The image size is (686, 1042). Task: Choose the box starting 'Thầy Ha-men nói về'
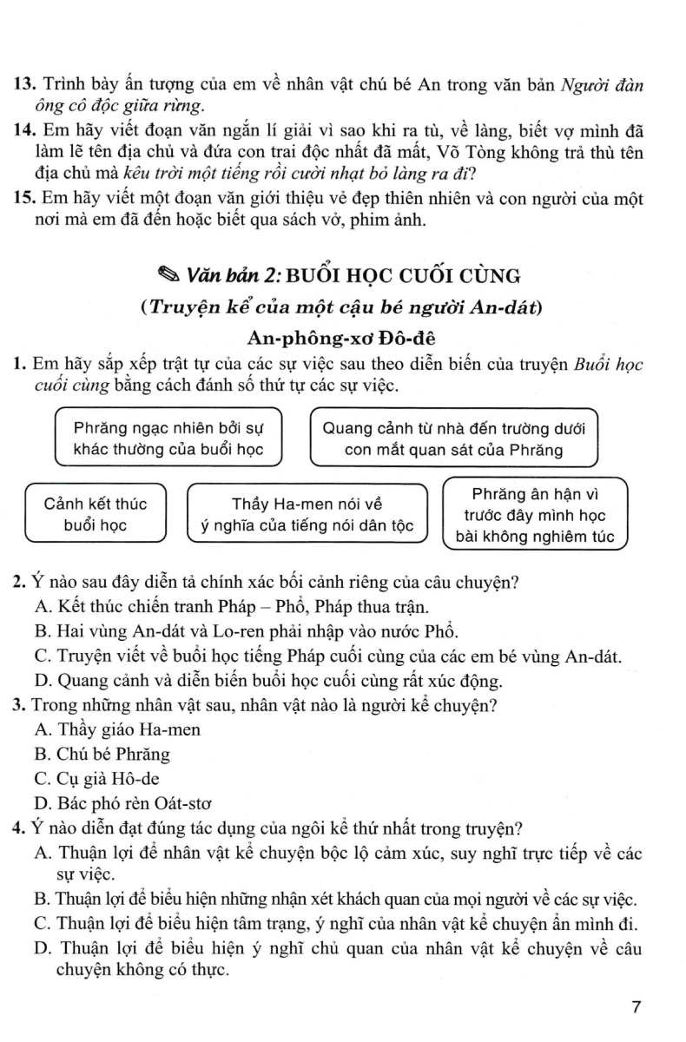[x=308, y=514]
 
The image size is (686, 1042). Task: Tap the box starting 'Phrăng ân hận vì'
[x=534, y=514]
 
